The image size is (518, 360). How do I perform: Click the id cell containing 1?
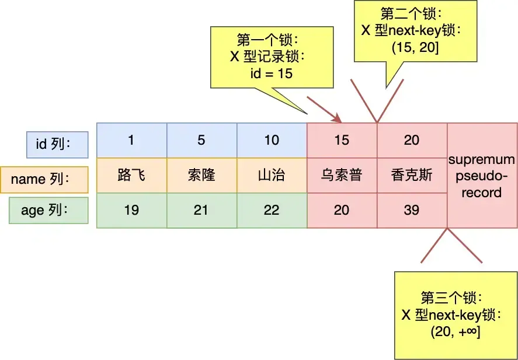tap(132, 140)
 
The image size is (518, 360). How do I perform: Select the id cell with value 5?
tap(202, 140)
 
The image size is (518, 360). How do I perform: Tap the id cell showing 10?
tap(272, 140)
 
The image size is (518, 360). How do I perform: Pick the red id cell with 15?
tap(342, 140)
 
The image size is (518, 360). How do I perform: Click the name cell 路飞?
tap(132, 175)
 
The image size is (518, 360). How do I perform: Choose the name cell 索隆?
tap(202, 175)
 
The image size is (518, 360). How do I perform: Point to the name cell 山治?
tap(272, 175)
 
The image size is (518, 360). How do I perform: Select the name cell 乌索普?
tap(342, 175)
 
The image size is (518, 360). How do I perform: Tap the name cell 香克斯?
tap(412, 175)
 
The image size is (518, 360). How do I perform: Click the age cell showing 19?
tap(132, 210)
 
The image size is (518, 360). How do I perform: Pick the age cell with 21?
tap(202, 210)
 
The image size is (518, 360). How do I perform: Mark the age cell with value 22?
tap(272, 210)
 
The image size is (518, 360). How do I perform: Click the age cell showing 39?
tap(412, 210)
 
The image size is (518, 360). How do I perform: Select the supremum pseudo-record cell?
tap(482, 175)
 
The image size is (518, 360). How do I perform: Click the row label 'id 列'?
tap(57, 145)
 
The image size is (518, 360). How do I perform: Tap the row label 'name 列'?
tap(44, 180)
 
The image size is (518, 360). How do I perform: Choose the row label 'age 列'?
tap(48, 210)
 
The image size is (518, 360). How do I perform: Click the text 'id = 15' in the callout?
tap(272, 74)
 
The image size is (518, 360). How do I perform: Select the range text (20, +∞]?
tap(456, 331)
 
